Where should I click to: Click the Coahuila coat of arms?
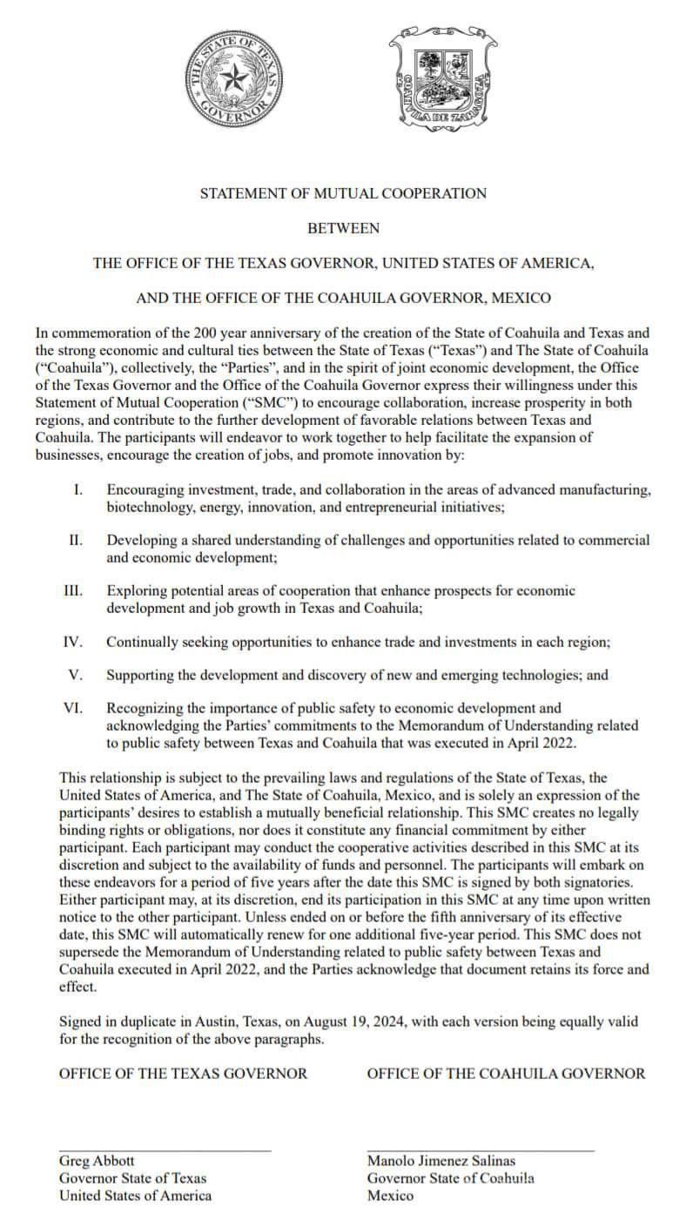[443, 80]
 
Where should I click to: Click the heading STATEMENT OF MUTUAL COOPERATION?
[343, 193]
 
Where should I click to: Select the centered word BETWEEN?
[343, 228]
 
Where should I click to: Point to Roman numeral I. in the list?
[77, 490]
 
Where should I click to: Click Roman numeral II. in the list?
[76, 541]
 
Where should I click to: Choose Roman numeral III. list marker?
[73, 591]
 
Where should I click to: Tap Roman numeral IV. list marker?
[73, 642]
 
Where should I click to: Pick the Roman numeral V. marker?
[76, 674]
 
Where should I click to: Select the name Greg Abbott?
[97, 1161]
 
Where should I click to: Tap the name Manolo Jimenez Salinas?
[441, 1161]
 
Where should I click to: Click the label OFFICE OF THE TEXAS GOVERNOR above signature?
[183, 1073]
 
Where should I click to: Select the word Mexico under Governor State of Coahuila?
[391, 1196]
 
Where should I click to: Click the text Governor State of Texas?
[132, 1178]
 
